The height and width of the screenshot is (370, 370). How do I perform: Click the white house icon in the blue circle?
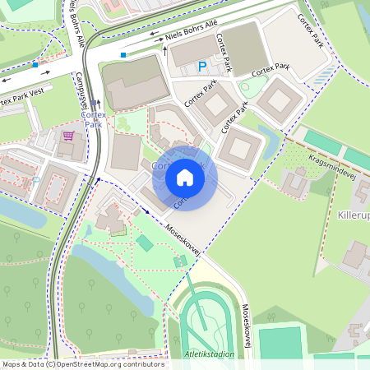tap(185, 177)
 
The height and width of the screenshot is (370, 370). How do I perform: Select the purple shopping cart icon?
tap(68, 136)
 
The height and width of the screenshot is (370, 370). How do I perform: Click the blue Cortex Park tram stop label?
tap(92, 120)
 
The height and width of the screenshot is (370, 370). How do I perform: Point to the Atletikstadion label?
tap(210, 354)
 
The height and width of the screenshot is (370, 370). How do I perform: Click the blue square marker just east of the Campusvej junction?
tap(123, 55)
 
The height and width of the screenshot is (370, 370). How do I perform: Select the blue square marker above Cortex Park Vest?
tap(35, 63)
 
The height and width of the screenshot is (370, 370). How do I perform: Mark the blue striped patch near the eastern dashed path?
tap(322, 76)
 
